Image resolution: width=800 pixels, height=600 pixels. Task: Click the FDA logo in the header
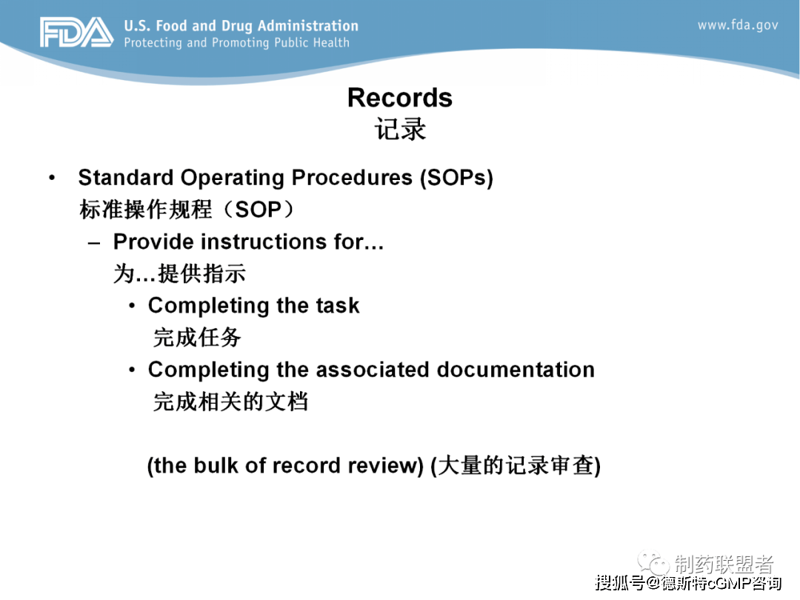click(76, 32)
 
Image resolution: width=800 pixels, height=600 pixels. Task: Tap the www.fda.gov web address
click(738, 25)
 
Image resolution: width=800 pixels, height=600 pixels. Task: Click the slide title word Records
click(400, 98)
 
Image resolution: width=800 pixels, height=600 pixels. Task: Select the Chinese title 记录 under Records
click(400, 129)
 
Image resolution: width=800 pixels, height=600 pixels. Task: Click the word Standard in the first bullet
click(125, 178)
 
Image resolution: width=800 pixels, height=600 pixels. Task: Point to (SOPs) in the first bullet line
click(456, 178)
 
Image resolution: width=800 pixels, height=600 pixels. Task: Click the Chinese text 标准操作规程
click(145, 209)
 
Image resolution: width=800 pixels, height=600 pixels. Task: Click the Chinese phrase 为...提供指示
click(179, 273)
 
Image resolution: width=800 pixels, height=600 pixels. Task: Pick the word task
click(337, 306)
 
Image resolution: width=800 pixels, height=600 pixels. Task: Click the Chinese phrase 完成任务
click(197, 337)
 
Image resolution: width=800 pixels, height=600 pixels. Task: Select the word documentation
click(516, 370)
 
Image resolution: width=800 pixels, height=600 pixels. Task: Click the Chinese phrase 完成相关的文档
click(230, 401)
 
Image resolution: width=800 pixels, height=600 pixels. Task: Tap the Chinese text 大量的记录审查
click(516, 465)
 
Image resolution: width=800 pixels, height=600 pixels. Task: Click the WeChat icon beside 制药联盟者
click(653, 563)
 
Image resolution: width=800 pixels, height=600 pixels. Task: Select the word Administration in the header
click(308, 25)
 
